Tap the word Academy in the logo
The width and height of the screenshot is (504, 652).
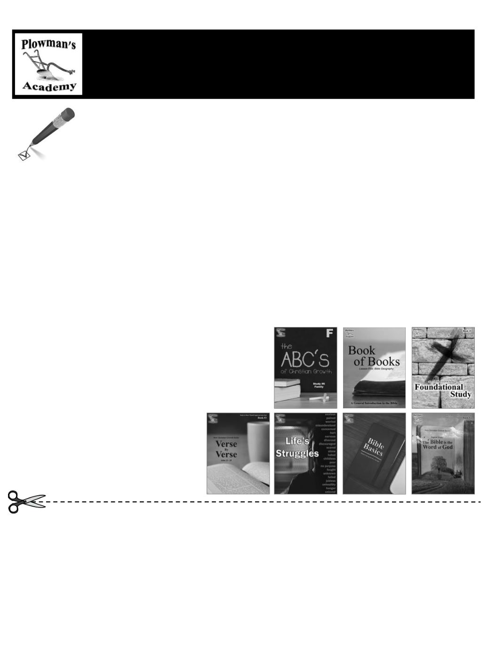(49, 86)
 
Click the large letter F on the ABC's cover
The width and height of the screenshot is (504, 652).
(330, 334)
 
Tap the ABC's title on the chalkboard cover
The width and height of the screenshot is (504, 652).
(305, 359)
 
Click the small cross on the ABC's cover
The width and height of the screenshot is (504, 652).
(317, 398)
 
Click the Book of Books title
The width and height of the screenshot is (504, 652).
(374, 356)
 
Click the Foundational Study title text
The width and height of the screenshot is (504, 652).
(443, 390)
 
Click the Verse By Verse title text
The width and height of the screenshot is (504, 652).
(226, 449)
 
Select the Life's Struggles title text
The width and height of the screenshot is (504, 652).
(297, 447)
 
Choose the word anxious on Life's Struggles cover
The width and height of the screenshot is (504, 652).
(330, 415)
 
